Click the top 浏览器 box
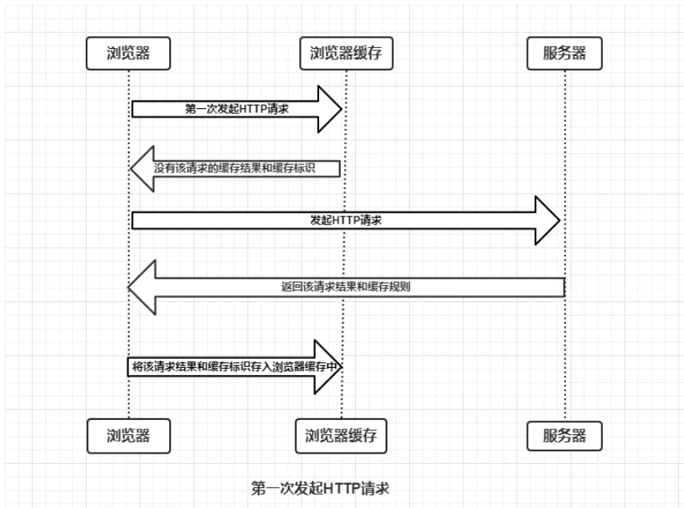click(x=128, y=54)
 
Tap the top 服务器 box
click(x=565, y=54)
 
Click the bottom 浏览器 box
click(x=128, y=436)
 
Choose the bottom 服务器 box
click(x=565, y=436)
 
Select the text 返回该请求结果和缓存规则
click(x=347, y=285)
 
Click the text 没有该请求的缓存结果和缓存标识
click(x=246, y=169)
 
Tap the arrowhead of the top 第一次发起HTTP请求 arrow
click(x=330, y=109)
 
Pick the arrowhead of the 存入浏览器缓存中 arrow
click(x=330, y=366)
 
